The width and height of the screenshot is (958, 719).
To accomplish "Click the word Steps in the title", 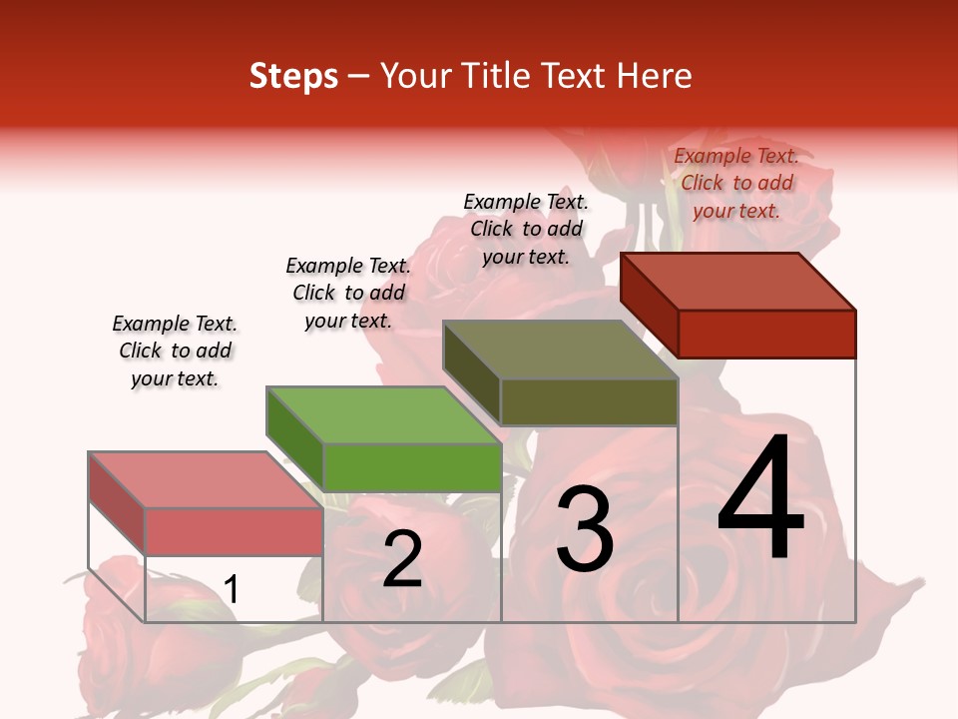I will (293, 77).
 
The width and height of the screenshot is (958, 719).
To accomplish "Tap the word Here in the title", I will (654, 76).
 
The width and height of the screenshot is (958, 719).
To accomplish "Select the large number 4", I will (760, 499).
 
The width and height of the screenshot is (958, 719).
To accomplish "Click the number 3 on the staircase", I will (585, 530).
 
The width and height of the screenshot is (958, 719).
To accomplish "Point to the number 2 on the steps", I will (402, 559).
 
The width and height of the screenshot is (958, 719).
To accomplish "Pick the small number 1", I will (232, 590).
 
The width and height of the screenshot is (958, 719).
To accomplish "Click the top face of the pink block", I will (206, 480).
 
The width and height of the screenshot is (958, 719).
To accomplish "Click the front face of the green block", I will (412, 467).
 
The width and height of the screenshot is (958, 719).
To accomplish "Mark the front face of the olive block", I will (589, 401).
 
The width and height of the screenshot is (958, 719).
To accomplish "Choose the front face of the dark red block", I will (766, 334).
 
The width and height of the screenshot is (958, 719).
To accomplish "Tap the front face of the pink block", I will (235, 531).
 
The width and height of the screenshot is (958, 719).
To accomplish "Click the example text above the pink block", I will (175, 351).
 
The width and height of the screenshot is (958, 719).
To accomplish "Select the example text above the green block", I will (348, 293).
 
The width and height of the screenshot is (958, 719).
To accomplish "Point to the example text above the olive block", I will (526, 229).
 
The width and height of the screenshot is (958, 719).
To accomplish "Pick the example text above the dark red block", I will (736, 183).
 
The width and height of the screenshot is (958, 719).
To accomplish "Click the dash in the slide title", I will (359, 78).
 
